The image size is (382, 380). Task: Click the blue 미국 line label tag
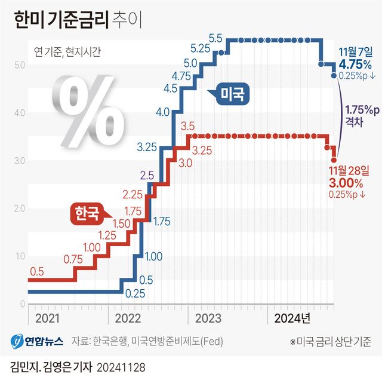pyautogui.click(x=229, y=94)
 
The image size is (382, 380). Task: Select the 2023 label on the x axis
pyautogui.click(x=208, y=318)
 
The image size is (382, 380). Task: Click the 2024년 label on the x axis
pyautogui.click(x=291, y=318)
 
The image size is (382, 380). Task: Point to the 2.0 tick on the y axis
pyautogui.click(x=18, y=209)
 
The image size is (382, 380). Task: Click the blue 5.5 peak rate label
pyautogui.click(x=215, y=38)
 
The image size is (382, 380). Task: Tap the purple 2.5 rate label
pyautogui.click(x=147, y=175)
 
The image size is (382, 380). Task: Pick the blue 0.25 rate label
pyautogui.click(x=135, y=293)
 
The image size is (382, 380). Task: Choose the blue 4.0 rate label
pyautogui.click(x=162, y=112)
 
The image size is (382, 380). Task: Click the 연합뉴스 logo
pyautogui.click(x=36, y=342)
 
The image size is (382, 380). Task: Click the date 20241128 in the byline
pyautogui.click(x=122, y=366)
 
